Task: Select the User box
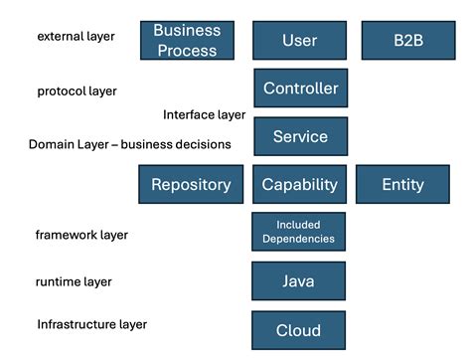[x=299, y=41]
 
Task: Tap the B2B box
[x=407, y=41]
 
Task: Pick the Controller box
[x=300, y=89]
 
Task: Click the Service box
[x=300, y=137]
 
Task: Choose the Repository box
[x=191, y=185]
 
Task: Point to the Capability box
[x=299, y=185]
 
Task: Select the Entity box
[x=402, y=185]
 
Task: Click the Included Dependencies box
[x=298, y=232]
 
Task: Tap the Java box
[x=298, y=281]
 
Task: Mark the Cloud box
[x=298, y=330]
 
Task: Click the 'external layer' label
[x=76, y=37]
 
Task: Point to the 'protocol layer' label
[x=77, y=91]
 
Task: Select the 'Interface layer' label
[x=204, y=114]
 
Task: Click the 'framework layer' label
[x=81, y=236]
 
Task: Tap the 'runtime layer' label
[x=74, y=281]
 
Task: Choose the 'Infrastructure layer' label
[x=91, y=324]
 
